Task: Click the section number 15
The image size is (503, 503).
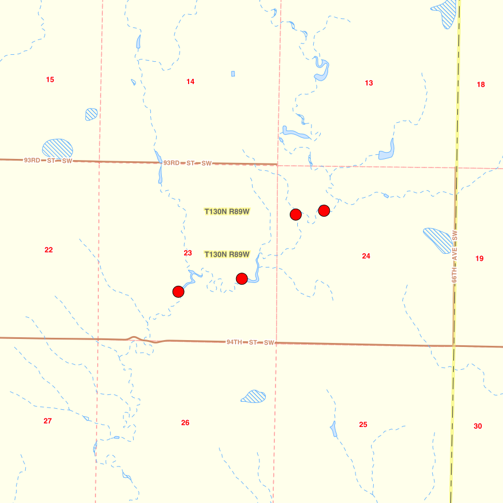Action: coord(50,79)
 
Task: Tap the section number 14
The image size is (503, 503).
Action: coord(190,82)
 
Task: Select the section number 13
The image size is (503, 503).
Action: coord(369,83)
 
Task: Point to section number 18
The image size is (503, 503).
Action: coord(481,85)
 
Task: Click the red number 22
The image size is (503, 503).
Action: coord(49,250)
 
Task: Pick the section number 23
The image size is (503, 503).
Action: coord(187,253)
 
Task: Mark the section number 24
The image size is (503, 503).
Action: coord(366,256)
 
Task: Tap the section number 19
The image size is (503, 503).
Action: coord(479,258)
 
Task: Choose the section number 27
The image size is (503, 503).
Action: coord(47,421)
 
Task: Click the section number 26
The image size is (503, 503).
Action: coord(185,423)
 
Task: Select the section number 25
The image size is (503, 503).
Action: coord(363,425)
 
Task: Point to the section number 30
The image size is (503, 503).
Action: coord(478,426)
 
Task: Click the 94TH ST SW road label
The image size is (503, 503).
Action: coord(250,342)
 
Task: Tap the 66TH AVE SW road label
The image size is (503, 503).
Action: coord(455,257)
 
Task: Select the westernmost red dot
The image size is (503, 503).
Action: coord(178,292)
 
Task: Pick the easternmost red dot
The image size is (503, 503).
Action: coord(324,210)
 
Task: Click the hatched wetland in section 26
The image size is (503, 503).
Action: coord(253,396)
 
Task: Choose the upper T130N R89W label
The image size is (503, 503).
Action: coord(227,211)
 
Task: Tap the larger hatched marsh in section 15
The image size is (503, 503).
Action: coord(58,149)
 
